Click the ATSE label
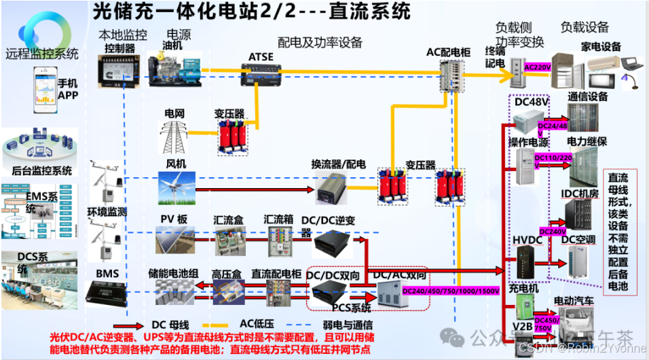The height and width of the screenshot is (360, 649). click(x=261, y=57)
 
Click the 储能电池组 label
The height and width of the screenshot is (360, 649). click(x=173, y=274)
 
